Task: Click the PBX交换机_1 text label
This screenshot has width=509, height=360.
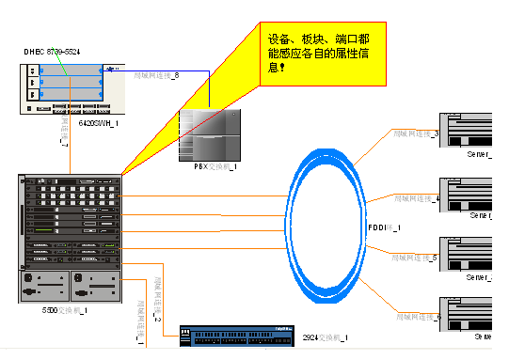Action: [209, 165]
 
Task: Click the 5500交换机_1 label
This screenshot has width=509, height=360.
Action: [65, 309]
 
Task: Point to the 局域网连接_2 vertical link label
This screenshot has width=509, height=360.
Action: [157, 300]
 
